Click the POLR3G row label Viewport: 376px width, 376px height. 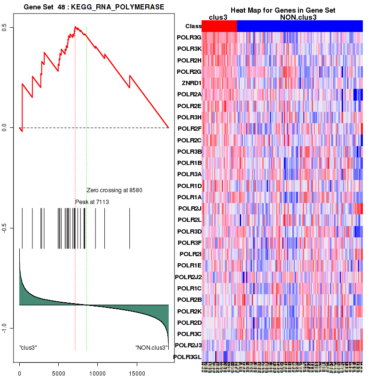[189, 37]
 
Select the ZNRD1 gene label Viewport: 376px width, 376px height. [191, 83]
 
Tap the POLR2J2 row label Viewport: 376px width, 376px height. [188, 277]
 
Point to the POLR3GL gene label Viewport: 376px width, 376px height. [188, 357]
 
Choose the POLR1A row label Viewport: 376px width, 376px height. [189, 197]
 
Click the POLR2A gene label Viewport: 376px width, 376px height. [189, 94]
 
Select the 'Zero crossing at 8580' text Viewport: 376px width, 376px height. [114, 190]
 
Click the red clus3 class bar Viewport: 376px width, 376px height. [219, 26]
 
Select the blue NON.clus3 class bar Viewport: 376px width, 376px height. [300, 26]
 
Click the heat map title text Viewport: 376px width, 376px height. [282, 10]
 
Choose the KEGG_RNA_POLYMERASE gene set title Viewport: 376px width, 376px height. [88, 7]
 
